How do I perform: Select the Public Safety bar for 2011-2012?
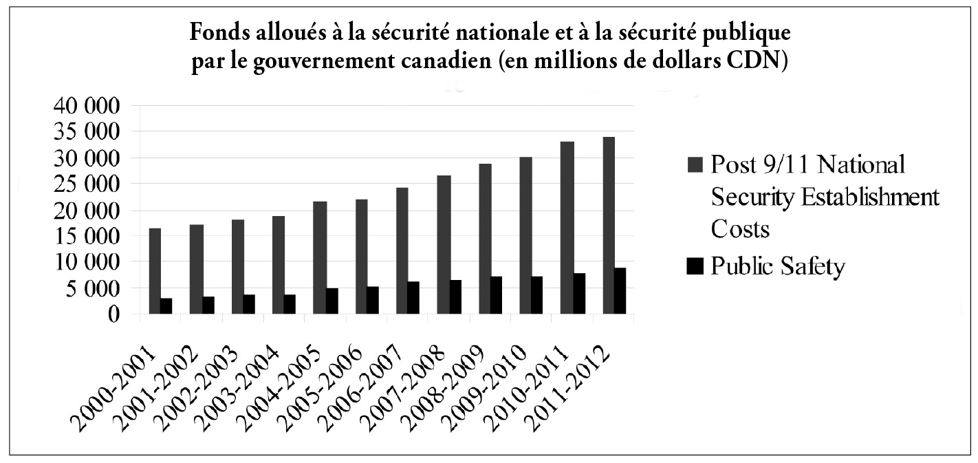click(x=620, y=291)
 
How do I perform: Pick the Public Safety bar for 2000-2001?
click(x=166, y=306)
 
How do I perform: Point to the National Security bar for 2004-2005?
click(x=320, y=258)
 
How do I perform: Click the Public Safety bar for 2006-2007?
click(x=414, y=298)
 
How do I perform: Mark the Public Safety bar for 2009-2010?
click(x=538, y=295)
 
